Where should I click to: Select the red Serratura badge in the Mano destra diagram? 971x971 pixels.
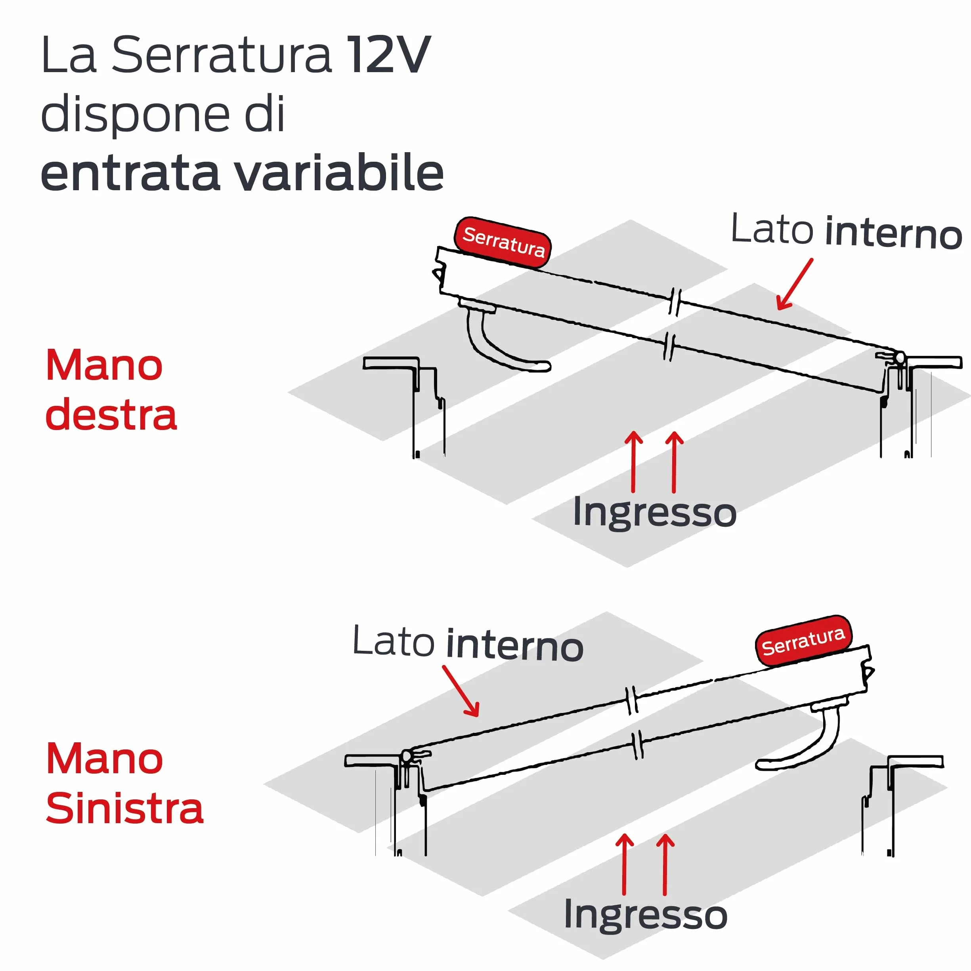pos(503,242)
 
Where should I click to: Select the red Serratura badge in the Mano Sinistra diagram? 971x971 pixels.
pos(803,641)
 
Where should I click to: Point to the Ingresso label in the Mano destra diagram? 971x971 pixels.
pos(654,512)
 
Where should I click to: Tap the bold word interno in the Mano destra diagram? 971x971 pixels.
pos(894,233)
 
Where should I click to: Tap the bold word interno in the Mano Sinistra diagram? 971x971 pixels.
pos(515,645)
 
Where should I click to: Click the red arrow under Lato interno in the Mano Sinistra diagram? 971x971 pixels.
pos(461,691)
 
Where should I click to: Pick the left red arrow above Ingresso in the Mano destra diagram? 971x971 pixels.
pos(633,462)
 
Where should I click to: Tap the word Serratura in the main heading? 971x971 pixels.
pos(221,55)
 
